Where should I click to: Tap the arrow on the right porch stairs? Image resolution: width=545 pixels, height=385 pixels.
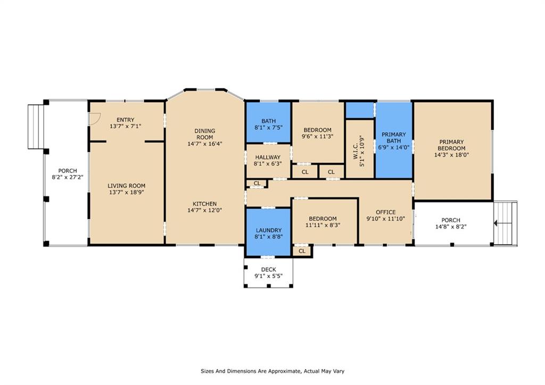click(x=498, y=223)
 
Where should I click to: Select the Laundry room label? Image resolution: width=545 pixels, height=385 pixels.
click(x=269, y=230)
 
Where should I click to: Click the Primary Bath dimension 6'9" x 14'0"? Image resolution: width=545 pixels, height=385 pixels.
click(x=394, y=147)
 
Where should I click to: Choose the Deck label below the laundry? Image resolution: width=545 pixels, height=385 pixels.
click(x=269, y=269)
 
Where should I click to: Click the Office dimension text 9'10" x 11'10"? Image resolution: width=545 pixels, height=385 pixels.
click(x=386, y=219)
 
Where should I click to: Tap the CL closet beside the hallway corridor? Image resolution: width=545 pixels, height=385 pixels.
click(x=257, y=183)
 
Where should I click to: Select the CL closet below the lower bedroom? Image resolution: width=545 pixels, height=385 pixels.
click(x=302, y=251)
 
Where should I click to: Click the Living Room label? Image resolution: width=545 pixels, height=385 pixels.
click(x=127, y=186)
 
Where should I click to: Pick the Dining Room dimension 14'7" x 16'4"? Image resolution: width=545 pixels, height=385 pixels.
click(x=205, y=144)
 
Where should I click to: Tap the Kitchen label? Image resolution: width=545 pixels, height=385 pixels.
click(x=205, y=204)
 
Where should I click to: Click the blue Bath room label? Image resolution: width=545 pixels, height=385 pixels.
click(x=269, y=121)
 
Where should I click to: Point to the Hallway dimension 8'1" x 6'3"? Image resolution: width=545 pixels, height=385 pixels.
click(x=268, y=163)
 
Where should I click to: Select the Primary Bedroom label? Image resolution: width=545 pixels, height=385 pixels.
click(x=451, y=145)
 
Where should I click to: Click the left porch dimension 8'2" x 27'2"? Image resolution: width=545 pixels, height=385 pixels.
click(x=68, y=177)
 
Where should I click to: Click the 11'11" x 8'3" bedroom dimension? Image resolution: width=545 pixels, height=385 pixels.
click(x=323, y=225)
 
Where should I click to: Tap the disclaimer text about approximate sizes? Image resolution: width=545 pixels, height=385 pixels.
click(x=272, y=371)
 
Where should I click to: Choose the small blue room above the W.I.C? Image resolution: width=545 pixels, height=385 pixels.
click(x=359, y=110)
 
